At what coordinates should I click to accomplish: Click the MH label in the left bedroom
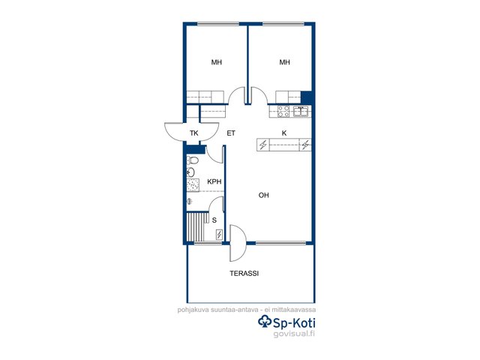(217, 62)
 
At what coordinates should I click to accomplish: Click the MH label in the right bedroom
(284, 62)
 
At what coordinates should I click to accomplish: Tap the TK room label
(193, 133)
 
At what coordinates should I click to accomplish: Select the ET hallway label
(231, 133)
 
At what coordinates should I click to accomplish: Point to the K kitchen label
(284, 133)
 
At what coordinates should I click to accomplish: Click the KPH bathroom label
(214, 181)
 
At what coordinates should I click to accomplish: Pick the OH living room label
(263, 195)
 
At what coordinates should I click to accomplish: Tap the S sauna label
(214, 220)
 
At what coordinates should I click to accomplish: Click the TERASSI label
(244, 273)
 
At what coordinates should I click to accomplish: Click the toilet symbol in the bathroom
(193, 160)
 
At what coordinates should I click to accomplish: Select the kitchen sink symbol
(301, 112)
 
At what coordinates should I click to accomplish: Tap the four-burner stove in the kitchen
(283, 112)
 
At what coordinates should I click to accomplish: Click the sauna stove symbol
(220, 235)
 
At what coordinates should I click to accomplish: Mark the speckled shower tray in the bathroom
(193, 185)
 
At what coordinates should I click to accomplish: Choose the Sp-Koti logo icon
(265, 322)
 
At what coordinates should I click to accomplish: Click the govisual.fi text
(294, 334)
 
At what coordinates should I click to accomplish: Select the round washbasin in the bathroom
(190, 172)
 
